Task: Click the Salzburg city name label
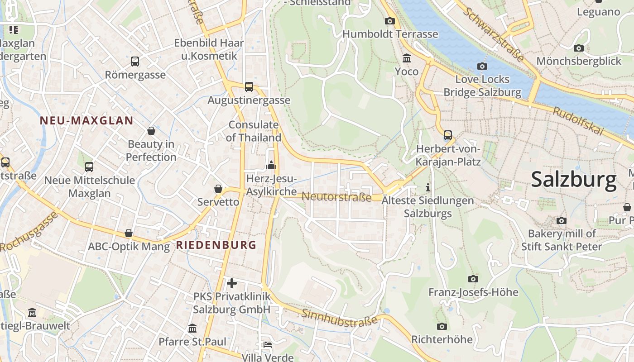[x=573, y=180]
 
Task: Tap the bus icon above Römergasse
[x=134, y=62]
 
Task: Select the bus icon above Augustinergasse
[x=249, y=87]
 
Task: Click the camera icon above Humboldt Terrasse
[x=389, y=21]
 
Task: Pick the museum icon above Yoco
[x=406, y=58]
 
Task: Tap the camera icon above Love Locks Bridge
[x=482, y=67]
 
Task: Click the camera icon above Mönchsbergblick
[x=578, y=48]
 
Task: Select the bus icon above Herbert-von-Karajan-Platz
[x=447, y=135]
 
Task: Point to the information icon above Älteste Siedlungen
[x=427, y=187]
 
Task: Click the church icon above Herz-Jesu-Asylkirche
[x=271, y=165]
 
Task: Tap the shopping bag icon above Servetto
[x=218, y=189]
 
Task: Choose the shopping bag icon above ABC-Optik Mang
[x=129, y=233]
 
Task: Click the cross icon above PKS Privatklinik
[x=232, y=283]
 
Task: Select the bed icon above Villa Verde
[x=268, y=345]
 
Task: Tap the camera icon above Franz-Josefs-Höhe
[x=473, y=279]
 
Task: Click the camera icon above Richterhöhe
[x=442, y=326]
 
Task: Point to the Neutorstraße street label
[x=336, y=197]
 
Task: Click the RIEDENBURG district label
[x=216, y=245]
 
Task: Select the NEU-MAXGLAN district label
[x=86, y=121]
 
